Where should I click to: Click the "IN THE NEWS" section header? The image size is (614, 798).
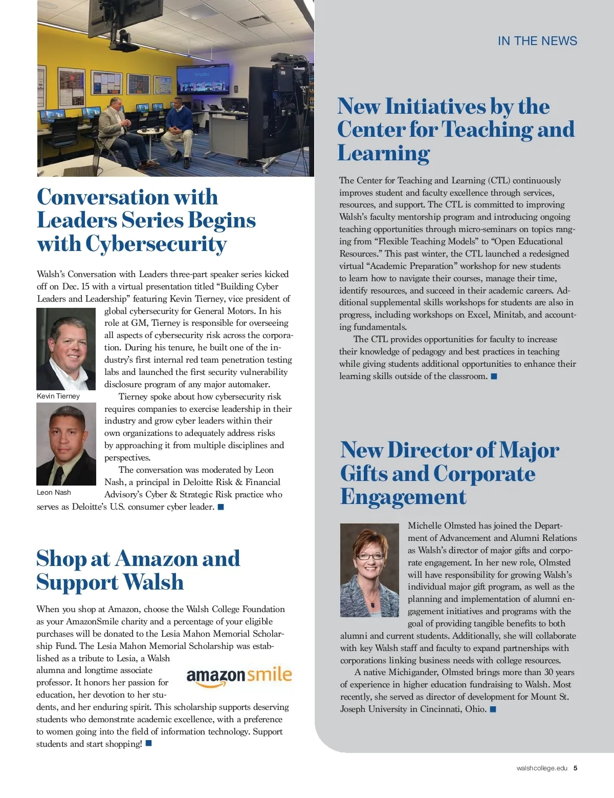point(537,41)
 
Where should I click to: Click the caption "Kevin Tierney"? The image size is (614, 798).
point(58,396)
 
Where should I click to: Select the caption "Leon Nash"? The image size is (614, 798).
point(54,492)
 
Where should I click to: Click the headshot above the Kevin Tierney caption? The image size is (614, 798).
point(66,349)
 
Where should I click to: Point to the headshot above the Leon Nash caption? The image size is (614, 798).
point(66,444)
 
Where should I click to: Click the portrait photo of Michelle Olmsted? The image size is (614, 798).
point(369,570)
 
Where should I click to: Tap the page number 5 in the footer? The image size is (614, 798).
point(576,768)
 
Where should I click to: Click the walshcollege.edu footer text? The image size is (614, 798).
point(542,768)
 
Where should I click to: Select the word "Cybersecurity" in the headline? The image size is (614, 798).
point(156,244)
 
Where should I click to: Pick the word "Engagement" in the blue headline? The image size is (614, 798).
point(403,497)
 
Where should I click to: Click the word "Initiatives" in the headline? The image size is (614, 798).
point(435,107)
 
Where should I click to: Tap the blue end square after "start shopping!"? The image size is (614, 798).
point(149,743)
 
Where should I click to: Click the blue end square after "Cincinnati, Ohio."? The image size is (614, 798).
point(493,709)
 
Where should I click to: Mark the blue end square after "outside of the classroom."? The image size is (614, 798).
point(494,376)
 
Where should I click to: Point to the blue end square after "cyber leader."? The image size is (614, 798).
point(221,507)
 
